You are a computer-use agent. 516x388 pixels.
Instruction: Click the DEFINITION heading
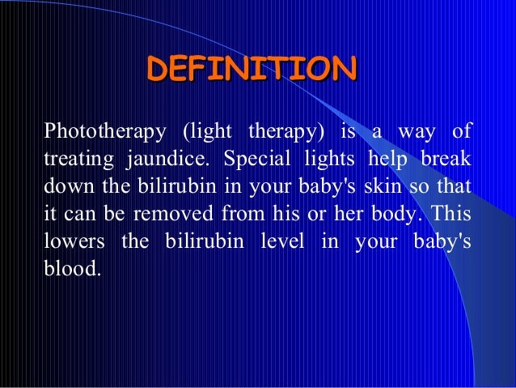pyautogui.click(x=251, y=69)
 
